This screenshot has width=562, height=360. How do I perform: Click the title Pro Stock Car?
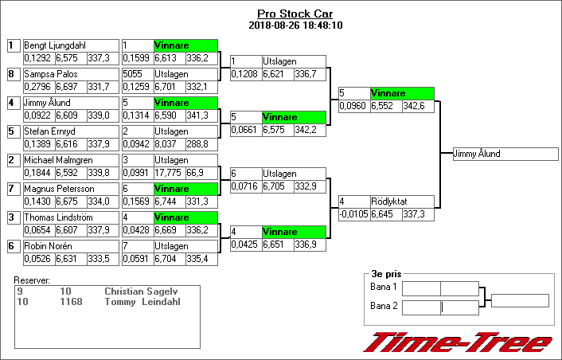[x=295, y=14]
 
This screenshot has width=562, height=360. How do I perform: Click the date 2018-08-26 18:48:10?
[x=295, y=25]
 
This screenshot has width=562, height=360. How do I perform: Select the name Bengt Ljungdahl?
[x=55, y=45]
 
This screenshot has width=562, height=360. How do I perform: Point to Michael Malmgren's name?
[x=58, y=160]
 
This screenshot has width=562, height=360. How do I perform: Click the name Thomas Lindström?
[x=58, y=217]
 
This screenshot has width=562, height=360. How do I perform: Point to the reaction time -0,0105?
[x=353, y=213]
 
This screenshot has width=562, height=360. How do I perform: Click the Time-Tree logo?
[x=458, y=342]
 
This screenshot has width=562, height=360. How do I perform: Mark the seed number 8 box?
[x=12, y=74]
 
